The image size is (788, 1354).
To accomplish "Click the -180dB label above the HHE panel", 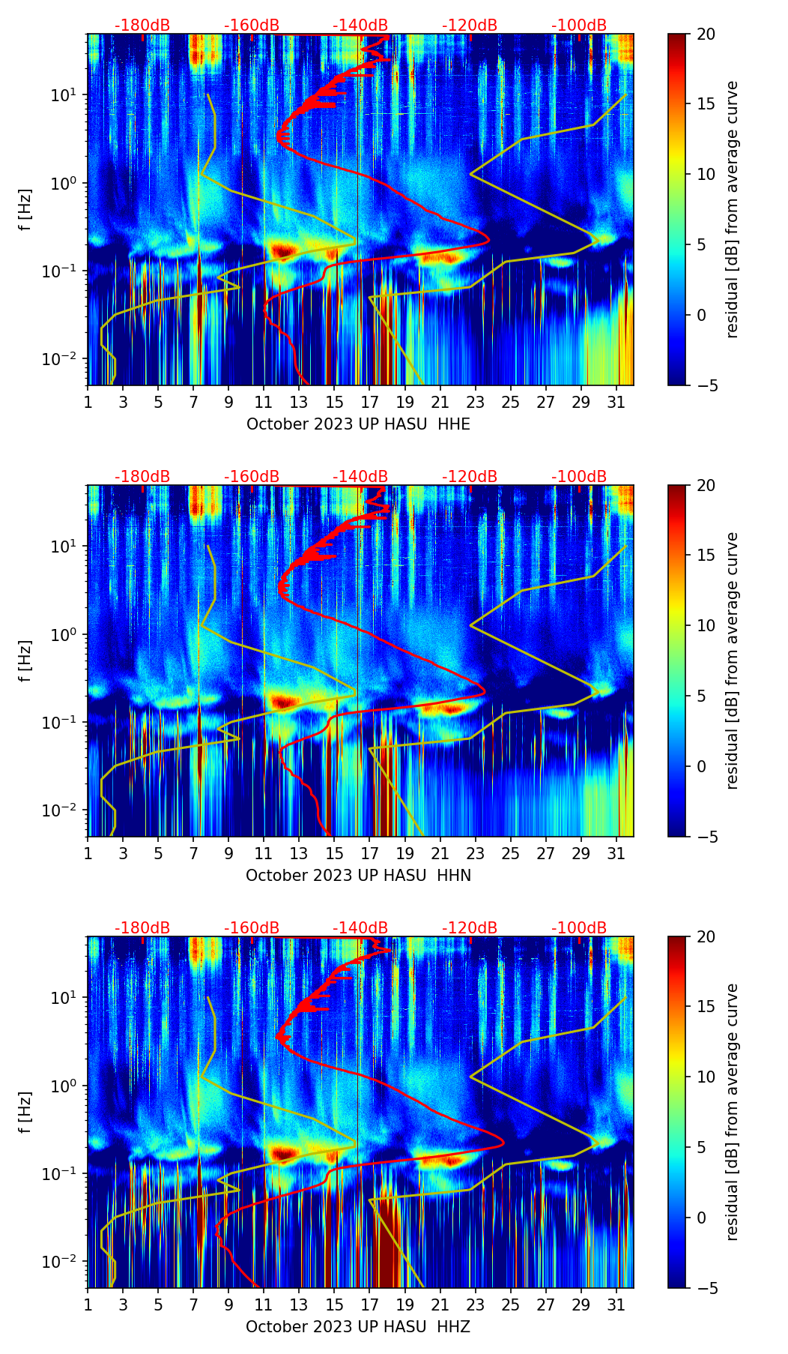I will pos(142,25).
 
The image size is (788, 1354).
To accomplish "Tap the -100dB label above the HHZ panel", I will pos(579,928).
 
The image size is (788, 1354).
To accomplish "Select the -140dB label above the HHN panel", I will pos(360,477).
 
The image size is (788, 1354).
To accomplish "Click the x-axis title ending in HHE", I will pos(358,424).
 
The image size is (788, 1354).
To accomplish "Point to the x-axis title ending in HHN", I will pos(358,876).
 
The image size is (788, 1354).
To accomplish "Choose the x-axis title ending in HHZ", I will pos(358,1327).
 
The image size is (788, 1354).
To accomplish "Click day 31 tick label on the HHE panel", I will pos(616,403).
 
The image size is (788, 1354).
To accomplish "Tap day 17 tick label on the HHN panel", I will pos(370,854).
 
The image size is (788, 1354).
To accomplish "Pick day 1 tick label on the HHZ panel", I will pos(88,1305).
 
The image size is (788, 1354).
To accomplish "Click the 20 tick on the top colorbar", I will pos(706,34).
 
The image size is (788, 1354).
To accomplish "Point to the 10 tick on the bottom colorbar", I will pos(706,1077).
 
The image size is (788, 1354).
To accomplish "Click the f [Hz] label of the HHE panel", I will pos(25,210).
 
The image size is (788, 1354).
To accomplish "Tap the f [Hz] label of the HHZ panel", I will pos(25,1113).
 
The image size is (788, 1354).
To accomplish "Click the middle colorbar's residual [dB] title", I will pos(733,661).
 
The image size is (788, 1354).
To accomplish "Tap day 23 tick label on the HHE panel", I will pos(476,403).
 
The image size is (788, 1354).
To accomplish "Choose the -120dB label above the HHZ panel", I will pos(470,928).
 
